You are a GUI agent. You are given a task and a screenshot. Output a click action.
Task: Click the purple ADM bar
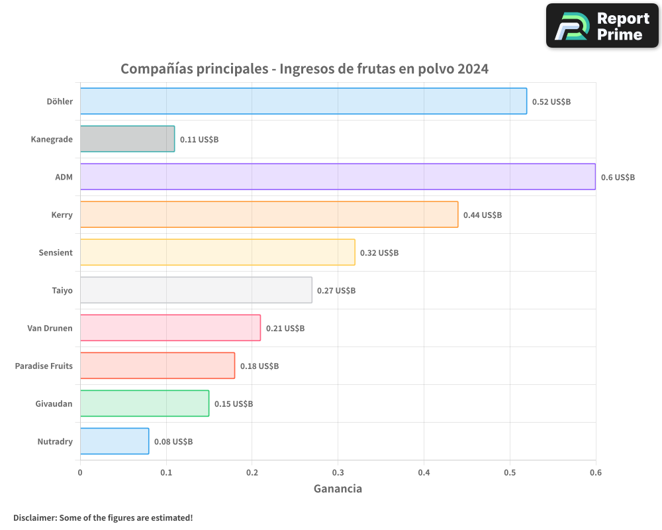point(338,177)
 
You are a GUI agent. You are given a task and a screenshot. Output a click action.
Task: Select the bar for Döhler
point(303,101)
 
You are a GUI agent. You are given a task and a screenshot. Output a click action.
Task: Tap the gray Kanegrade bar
point(127,139)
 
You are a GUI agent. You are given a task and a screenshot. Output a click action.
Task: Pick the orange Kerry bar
point(269,215)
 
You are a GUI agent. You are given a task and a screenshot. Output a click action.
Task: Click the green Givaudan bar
point(144,403)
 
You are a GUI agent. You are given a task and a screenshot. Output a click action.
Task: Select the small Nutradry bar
point(115,441)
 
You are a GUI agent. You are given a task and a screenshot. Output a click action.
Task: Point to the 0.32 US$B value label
point(379,253)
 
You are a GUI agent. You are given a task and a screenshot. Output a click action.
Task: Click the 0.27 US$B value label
point(336,291)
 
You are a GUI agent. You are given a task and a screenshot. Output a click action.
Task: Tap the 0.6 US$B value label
point(618,178)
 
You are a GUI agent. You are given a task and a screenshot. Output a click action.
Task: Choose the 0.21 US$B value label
point(285,329)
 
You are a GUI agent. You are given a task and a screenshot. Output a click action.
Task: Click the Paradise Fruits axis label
point(44,366)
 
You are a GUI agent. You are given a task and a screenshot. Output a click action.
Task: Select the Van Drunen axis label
point(50,328)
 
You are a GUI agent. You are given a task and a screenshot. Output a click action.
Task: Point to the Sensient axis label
point(56,252)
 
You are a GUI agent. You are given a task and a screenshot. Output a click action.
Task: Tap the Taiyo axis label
point(62,290)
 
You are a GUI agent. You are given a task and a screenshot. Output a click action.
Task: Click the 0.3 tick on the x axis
point(338,473)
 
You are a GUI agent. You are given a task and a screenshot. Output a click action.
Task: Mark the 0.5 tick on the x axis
point(510,473)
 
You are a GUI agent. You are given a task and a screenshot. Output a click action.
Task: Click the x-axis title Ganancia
point(338,489)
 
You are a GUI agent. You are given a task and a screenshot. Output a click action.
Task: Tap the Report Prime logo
point(602,26)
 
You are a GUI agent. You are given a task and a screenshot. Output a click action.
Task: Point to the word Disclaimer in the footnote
point(34,517)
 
